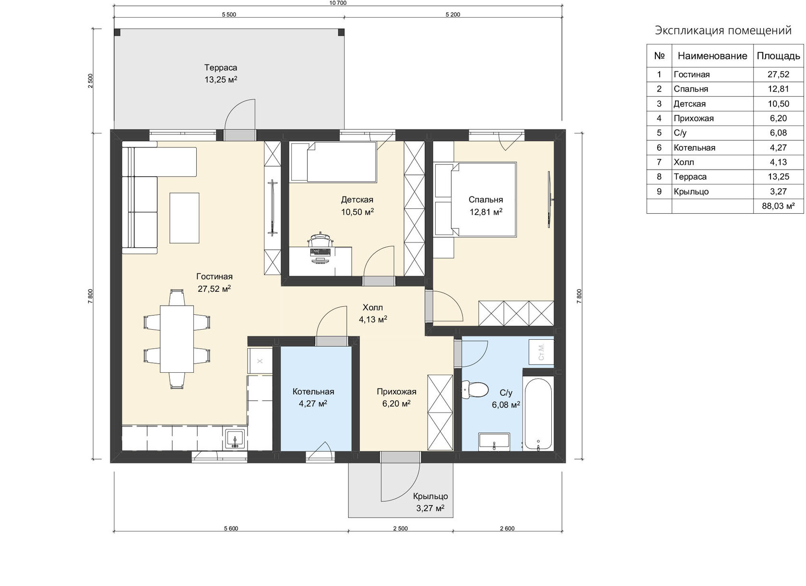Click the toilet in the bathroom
click(x=474, y=390)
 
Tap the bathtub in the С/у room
click(x=538, y=414)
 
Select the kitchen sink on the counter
click(x=235, y=439)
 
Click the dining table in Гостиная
click(x=177, y=339)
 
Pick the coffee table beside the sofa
click(x=184, y=218)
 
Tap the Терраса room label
click(x=221, y=68)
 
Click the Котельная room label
click(x=313, y=391)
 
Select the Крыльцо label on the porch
click(x=430, y=496)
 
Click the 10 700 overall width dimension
click(x=338, y=3)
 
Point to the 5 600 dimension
click(x=231, y=528)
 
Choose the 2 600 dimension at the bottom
click(x=508, y=528)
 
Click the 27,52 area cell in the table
click(x=778, y=74)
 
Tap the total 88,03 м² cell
click(x=778, y=206)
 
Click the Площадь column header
click(x=778, y=56)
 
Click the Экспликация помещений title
click(x=723, y=31)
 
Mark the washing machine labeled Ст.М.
click(x=541, y=352)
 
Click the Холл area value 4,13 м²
click(x=373, y=320)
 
